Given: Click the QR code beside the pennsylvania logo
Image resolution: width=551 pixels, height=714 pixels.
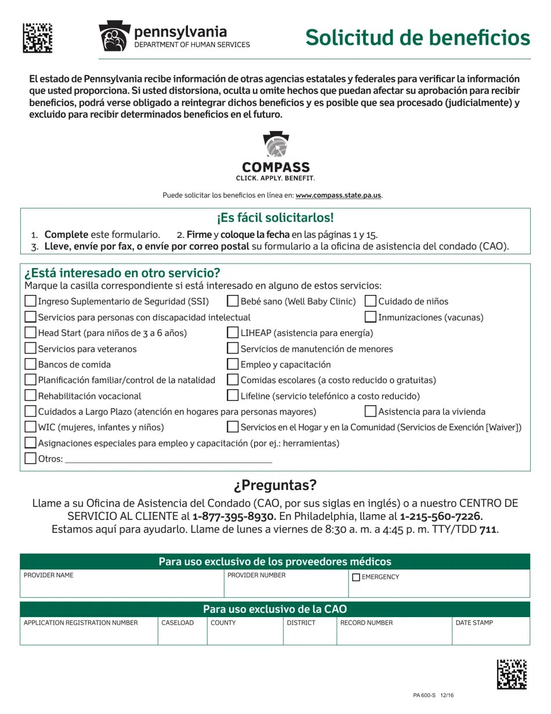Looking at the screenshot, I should (x=38, y=38).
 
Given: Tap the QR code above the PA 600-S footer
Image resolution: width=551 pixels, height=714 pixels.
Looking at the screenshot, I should (x=512, y=674).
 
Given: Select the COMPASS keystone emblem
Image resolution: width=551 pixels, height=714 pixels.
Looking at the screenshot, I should (x=275, y=145).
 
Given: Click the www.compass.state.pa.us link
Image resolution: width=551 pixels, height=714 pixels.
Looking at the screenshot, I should (x=338, y=196).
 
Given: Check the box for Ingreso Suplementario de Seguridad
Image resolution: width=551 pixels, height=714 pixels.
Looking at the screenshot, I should (x=31, y=301).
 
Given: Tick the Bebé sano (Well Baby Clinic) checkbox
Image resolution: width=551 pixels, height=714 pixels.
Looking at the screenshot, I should (x=233, y=301).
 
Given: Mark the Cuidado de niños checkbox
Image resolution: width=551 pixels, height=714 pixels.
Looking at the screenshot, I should (x=371, y=301).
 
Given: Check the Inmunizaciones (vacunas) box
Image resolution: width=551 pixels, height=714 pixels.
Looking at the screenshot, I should (x=371, y=316).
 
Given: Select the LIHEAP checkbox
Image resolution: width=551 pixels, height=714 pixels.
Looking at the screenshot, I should (x=233, y=332).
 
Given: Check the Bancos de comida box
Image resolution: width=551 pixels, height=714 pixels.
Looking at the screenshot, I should (x=31, y=364).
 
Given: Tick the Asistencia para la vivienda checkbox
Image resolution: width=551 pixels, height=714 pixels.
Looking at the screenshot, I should (x=371, y=411).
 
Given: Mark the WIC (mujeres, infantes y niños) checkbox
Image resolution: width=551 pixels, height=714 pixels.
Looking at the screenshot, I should (x=31, y=427).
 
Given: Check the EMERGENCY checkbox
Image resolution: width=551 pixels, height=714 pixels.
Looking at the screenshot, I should (x=356, y=577).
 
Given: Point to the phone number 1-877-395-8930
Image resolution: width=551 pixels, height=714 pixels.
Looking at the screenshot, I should (x=233, y=516).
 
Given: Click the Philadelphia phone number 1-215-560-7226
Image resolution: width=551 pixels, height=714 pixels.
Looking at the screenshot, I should (x=441, y=516).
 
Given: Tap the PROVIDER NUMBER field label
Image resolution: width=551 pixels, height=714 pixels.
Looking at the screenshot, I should (x=256, y=575).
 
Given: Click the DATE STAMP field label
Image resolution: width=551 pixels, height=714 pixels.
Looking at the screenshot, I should (x=474, y=623).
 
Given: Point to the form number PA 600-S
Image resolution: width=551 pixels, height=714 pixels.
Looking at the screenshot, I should (x=425, y=695).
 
